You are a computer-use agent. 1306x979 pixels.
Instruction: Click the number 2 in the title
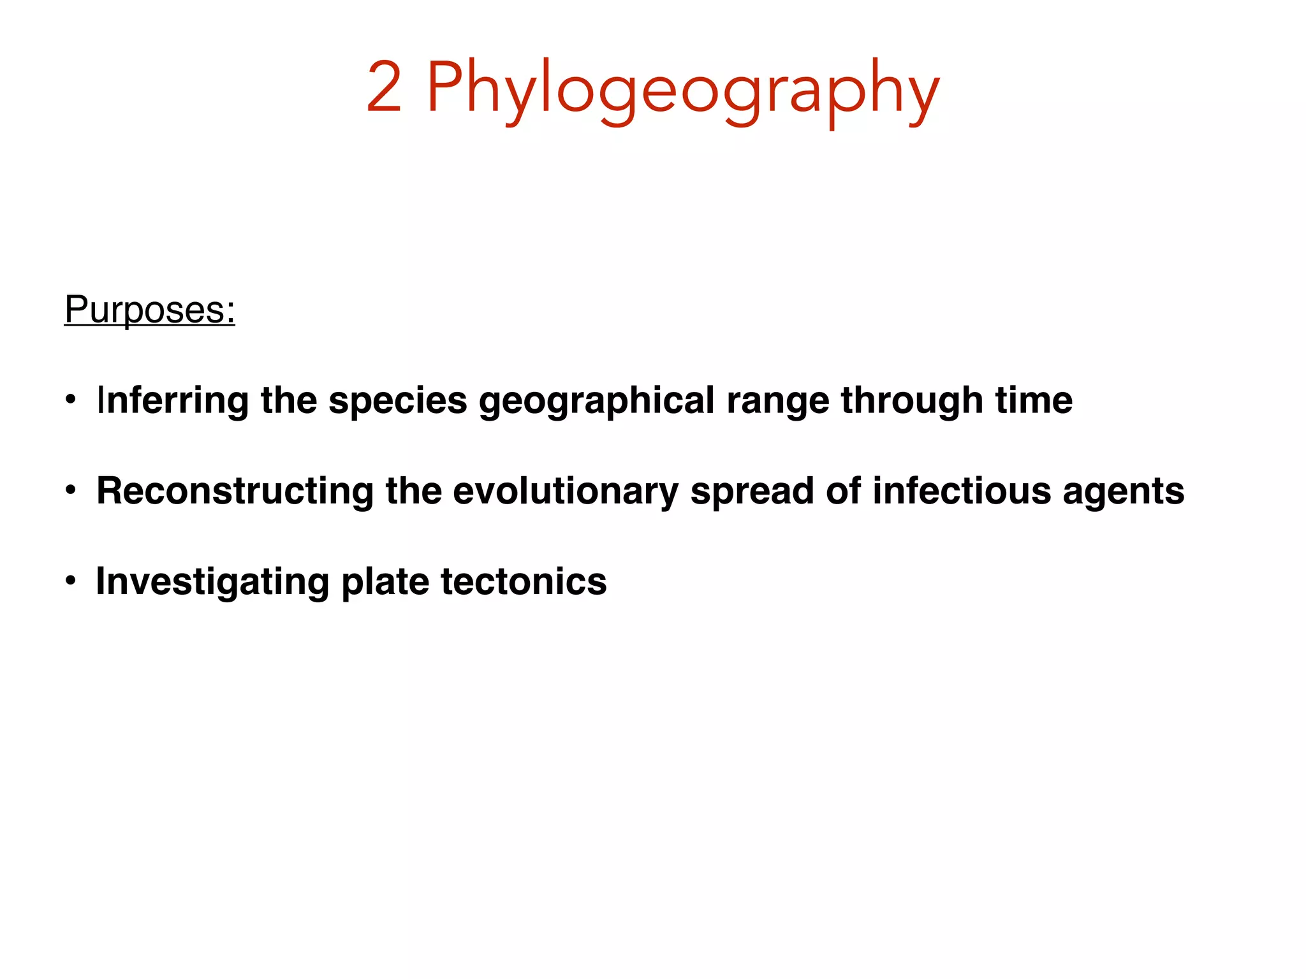(x=385, y=88)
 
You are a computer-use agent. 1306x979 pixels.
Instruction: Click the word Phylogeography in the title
(x=682, y=89)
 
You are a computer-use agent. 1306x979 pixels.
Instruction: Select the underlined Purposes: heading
(x=150, y=310)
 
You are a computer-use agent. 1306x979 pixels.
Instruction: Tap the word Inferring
(x=172, y=401)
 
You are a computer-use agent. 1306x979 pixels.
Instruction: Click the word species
(x=398, y=401)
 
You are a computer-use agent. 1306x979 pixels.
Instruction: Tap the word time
(x=1034, y=400)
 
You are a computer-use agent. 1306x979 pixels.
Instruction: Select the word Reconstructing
(x=235, y=491)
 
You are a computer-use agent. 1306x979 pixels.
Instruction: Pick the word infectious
(x=961, y=491)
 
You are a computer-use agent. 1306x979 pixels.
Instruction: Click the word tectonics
(x=524, y=582)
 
